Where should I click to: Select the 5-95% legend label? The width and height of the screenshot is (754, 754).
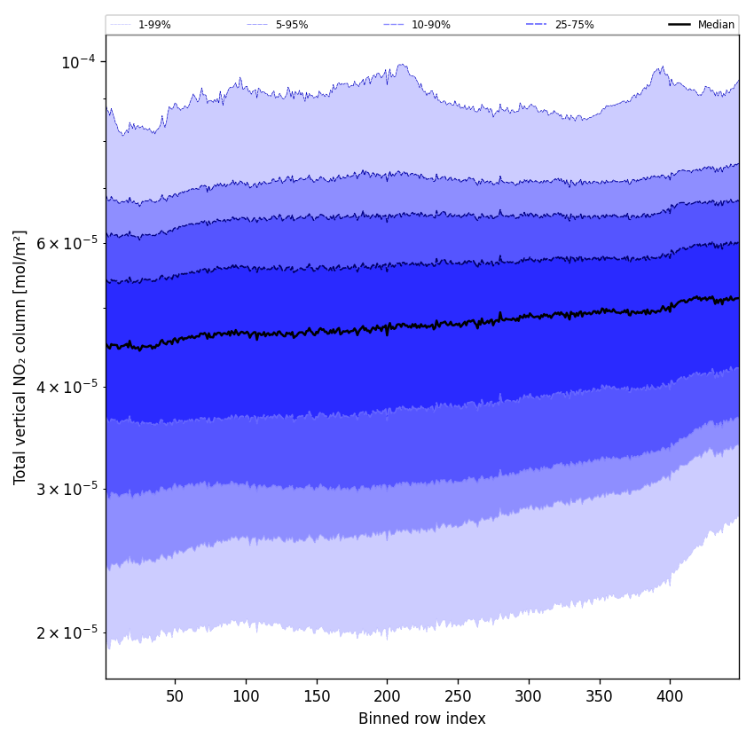click(x=291, y=25)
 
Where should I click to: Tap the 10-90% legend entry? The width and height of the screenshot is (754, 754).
click(x=430, y=25)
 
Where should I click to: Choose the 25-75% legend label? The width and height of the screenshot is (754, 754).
click(x=574, y=25)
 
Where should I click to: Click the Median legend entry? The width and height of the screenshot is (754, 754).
click(x=716, y=25)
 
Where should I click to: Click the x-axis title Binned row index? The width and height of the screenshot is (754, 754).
click(x=422, y=719)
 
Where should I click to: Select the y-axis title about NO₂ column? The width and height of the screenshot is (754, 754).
click(x=20, y=357)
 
